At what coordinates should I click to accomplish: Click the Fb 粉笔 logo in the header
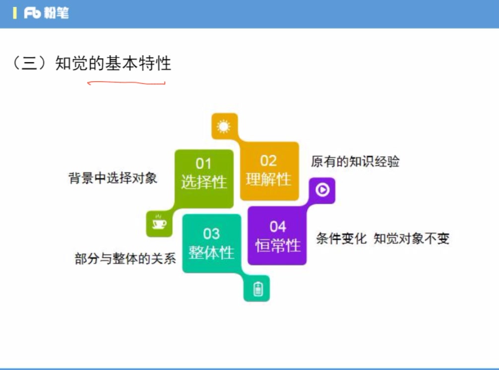(46, 13)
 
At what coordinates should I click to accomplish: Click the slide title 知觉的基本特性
(114, 63)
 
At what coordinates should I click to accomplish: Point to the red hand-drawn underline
(126, 83)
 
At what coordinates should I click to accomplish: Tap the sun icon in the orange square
(224, 126)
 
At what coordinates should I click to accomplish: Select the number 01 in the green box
(203, 164)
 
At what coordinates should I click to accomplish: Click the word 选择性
(204, 182)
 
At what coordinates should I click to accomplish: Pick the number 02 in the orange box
(268, 161)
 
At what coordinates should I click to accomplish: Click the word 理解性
(269, 179)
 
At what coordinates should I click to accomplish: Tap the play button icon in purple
(322, 189)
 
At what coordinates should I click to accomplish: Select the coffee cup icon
(159, 224)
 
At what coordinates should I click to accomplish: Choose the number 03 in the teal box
(211, 234)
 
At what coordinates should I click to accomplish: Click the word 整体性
(211, 252)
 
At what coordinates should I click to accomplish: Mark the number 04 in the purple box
(278, 227)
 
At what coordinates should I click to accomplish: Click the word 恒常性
(278, 245)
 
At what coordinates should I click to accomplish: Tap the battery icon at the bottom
(257, 289)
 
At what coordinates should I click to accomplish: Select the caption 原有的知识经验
(355, 162)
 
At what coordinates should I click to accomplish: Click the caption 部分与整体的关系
(125, 258)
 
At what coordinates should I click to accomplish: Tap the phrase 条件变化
(341, 239)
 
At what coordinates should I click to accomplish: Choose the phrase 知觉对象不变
(411, 239)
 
